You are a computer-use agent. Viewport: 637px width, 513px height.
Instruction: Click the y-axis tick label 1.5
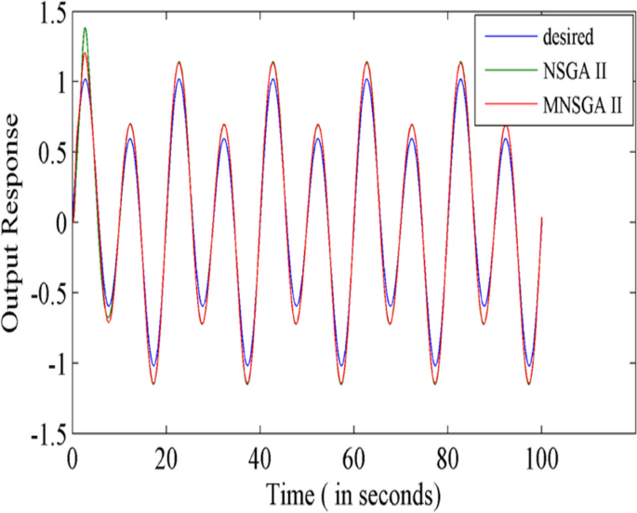46,11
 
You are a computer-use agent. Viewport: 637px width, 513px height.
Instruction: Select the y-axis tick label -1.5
42,434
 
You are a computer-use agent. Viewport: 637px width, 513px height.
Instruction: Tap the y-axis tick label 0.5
46,152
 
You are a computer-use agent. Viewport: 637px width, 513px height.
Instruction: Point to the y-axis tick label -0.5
42,293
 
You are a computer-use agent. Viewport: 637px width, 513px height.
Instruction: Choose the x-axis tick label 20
166,458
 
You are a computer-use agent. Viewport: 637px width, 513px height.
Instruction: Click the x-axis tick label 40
259,458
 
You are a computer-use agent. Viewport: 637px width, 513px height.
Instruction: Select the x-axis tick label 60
353,458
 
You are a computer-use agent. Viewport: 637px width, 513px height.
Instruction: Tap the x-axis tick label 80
447,458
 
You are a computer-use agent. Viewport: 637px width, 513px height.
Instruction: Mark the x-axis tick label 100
541,458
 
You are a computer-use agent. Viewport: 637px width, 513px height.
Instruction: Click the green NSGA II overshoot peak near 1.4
86,28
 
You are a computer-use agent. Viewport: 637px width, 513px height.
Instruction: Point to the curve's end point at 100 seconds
541,217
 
